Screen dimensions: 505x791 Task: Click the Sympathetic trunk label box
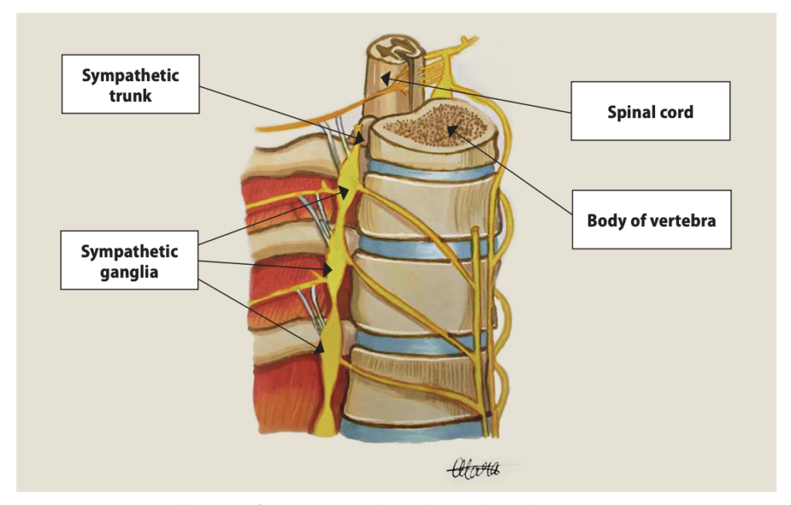pyautogui.click(x=131, y=86)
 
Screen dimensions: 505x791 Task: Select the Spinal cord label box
pyautogui.click(x=650, y=111)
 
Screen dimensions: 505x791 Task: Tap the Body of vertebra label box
pyautogui.click(x=650, y=220)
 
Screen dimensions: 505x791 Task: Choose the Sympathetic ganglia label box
pyautogui.click(x=130, y=261)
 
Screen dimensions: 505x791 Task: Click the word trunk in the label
pyautogui.click(x=130, y=96)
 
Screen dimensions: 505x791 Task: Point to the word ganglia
pyautogui.click(x=130, y=271)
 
